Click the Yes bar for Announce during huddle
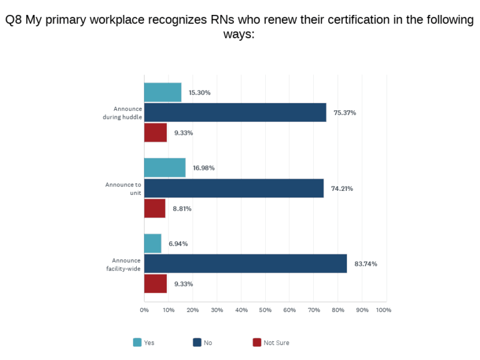[x=163, y=92]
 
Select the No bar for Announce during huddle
[x=235, y=112]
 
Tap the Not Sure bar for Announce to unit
[x=155, y=208]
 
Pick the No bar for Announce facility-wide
[x=245, y=263]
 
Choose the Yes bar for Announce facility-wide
[x=152, y=244]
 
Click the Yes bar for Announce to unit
[x=164, y=168]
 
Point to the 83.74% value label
[x=365, y=264]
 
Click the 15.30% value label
[x=199, y=93]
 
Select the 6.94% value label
[x=178, y=244]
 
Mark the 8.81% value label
[x=182, y=209]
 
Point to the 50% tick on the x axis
[x=265, y=310]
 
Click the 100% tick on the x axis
[x=383, y=310]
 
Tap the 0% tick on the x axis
[x=144, y=310]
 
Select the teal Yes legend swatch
[x=137, y=343]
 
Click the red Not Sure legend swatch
[x=257, y=343]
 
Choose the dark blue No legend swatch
[x=197, y=343]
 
